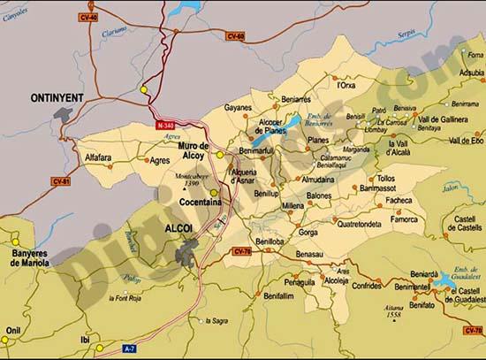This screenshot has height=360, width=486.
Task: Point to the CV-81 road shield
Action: tap(61, 181)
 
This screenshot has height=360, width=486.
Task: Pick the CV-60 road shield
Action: tap(235, 37)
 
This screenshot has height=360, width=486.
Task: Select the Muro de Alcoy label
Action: tap(192, 150)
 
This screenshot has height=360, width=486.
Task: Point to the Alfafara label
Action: tap(98, 157)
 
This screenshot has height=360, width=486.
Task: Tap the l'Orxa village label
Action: tap(346, 86)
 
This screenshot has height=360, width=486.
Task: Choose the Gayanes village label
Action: tap(238, 108)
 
